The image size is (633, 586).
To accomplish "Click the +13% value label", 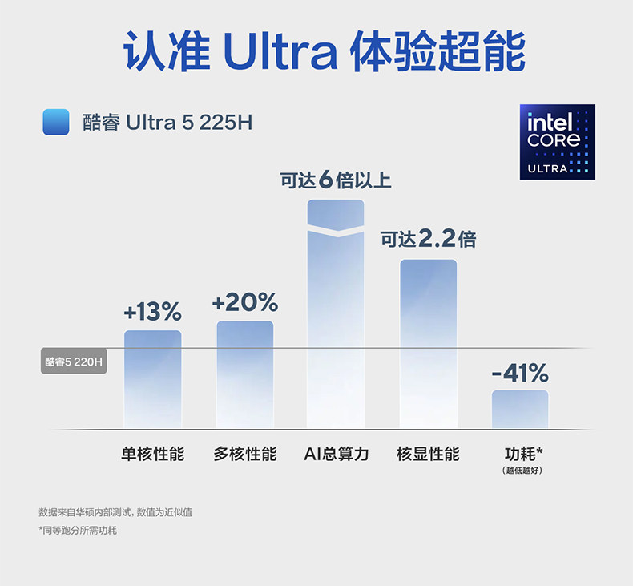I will [x=152, y=311].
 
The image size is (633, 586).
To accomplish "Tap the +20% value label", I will [x=244, y=302].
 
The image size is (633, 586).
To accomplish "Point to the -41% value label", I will [x=520, y=373].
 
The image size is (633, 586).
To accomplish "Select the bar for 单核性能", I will [x=152, y=378].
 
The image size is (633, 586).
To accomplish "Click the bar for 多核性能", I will [x=244, y=374].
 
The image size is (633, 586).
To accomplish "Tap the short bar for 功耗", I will [x=520, y=409].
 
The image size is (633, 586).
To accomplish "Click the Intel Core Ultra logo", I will [x=558, y=141].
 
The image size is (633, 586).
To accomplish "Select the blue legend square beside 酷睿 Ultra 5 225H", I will [x=56, y=123].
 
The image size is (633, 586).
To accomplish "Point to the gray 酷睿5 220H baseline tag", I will [x=74, y=362].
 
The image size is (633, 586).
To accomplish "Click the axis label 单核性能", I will [x=152, y=454].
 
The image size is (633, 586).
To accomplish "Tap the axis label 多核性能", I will [x=244, y=454].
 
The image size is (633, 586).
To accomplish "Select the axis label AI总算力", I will [x=337, y=454].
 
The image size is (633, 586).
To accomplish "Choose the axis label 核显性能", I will [x=428, y=454].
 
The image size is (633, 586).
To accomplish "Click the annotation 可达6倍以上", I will [x=336, y=180].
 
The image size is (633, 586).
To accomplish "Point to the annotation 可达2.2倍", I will [x=428, y=238].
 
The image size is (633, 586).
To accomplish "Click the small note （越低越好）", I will [x=523, y=470].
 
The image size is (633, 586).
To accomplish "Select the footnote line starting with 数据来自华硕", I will [x=115, y=511].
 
